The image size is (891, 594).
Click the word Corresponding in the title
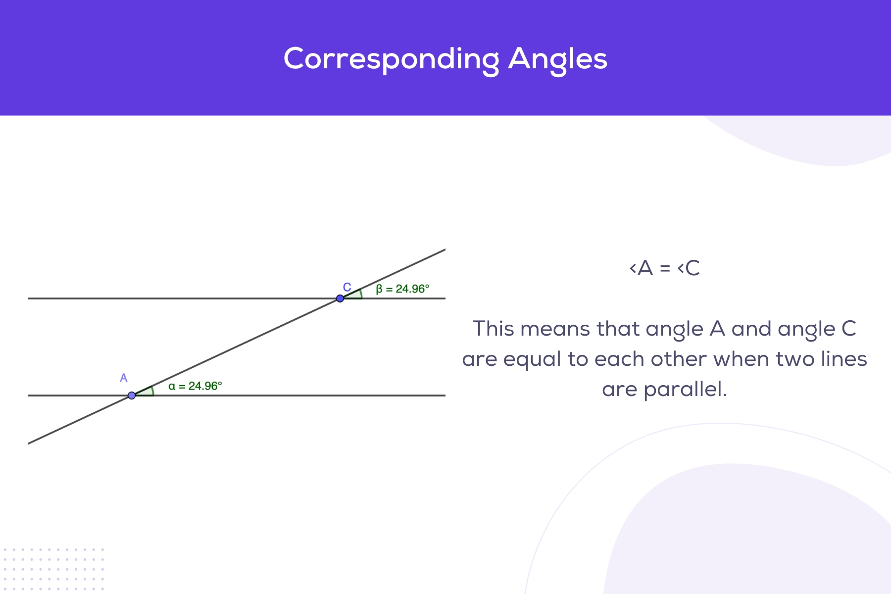tap(391, 59)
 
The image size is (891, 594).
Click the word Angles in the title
tap(557, 59)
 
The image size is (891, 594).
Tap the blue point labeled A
tap(132, 396)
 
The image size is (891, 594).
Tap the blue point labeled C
tap(340, 298)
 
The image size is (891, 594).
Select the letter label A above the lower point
tap(124, 378)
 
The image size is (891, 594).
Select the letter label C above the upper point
tap(347, 287)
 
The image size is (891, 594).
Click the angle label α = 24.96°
tap(195, 386)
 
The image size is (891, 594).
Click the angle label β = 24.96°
tap(402, 289)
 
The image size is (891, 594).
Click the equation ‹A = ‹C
tap(664, 268)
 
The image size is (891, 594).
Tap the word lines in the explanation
tap(843, 359)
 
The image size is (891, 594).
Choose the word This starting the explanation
tap(494, 329)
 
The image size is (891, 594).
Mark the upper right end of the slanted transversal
tap(444, 250)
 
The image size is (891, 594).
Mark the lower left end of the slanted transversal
tap(29, 443)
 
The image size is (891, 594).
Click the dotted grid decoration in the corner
tap(53, 569)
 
